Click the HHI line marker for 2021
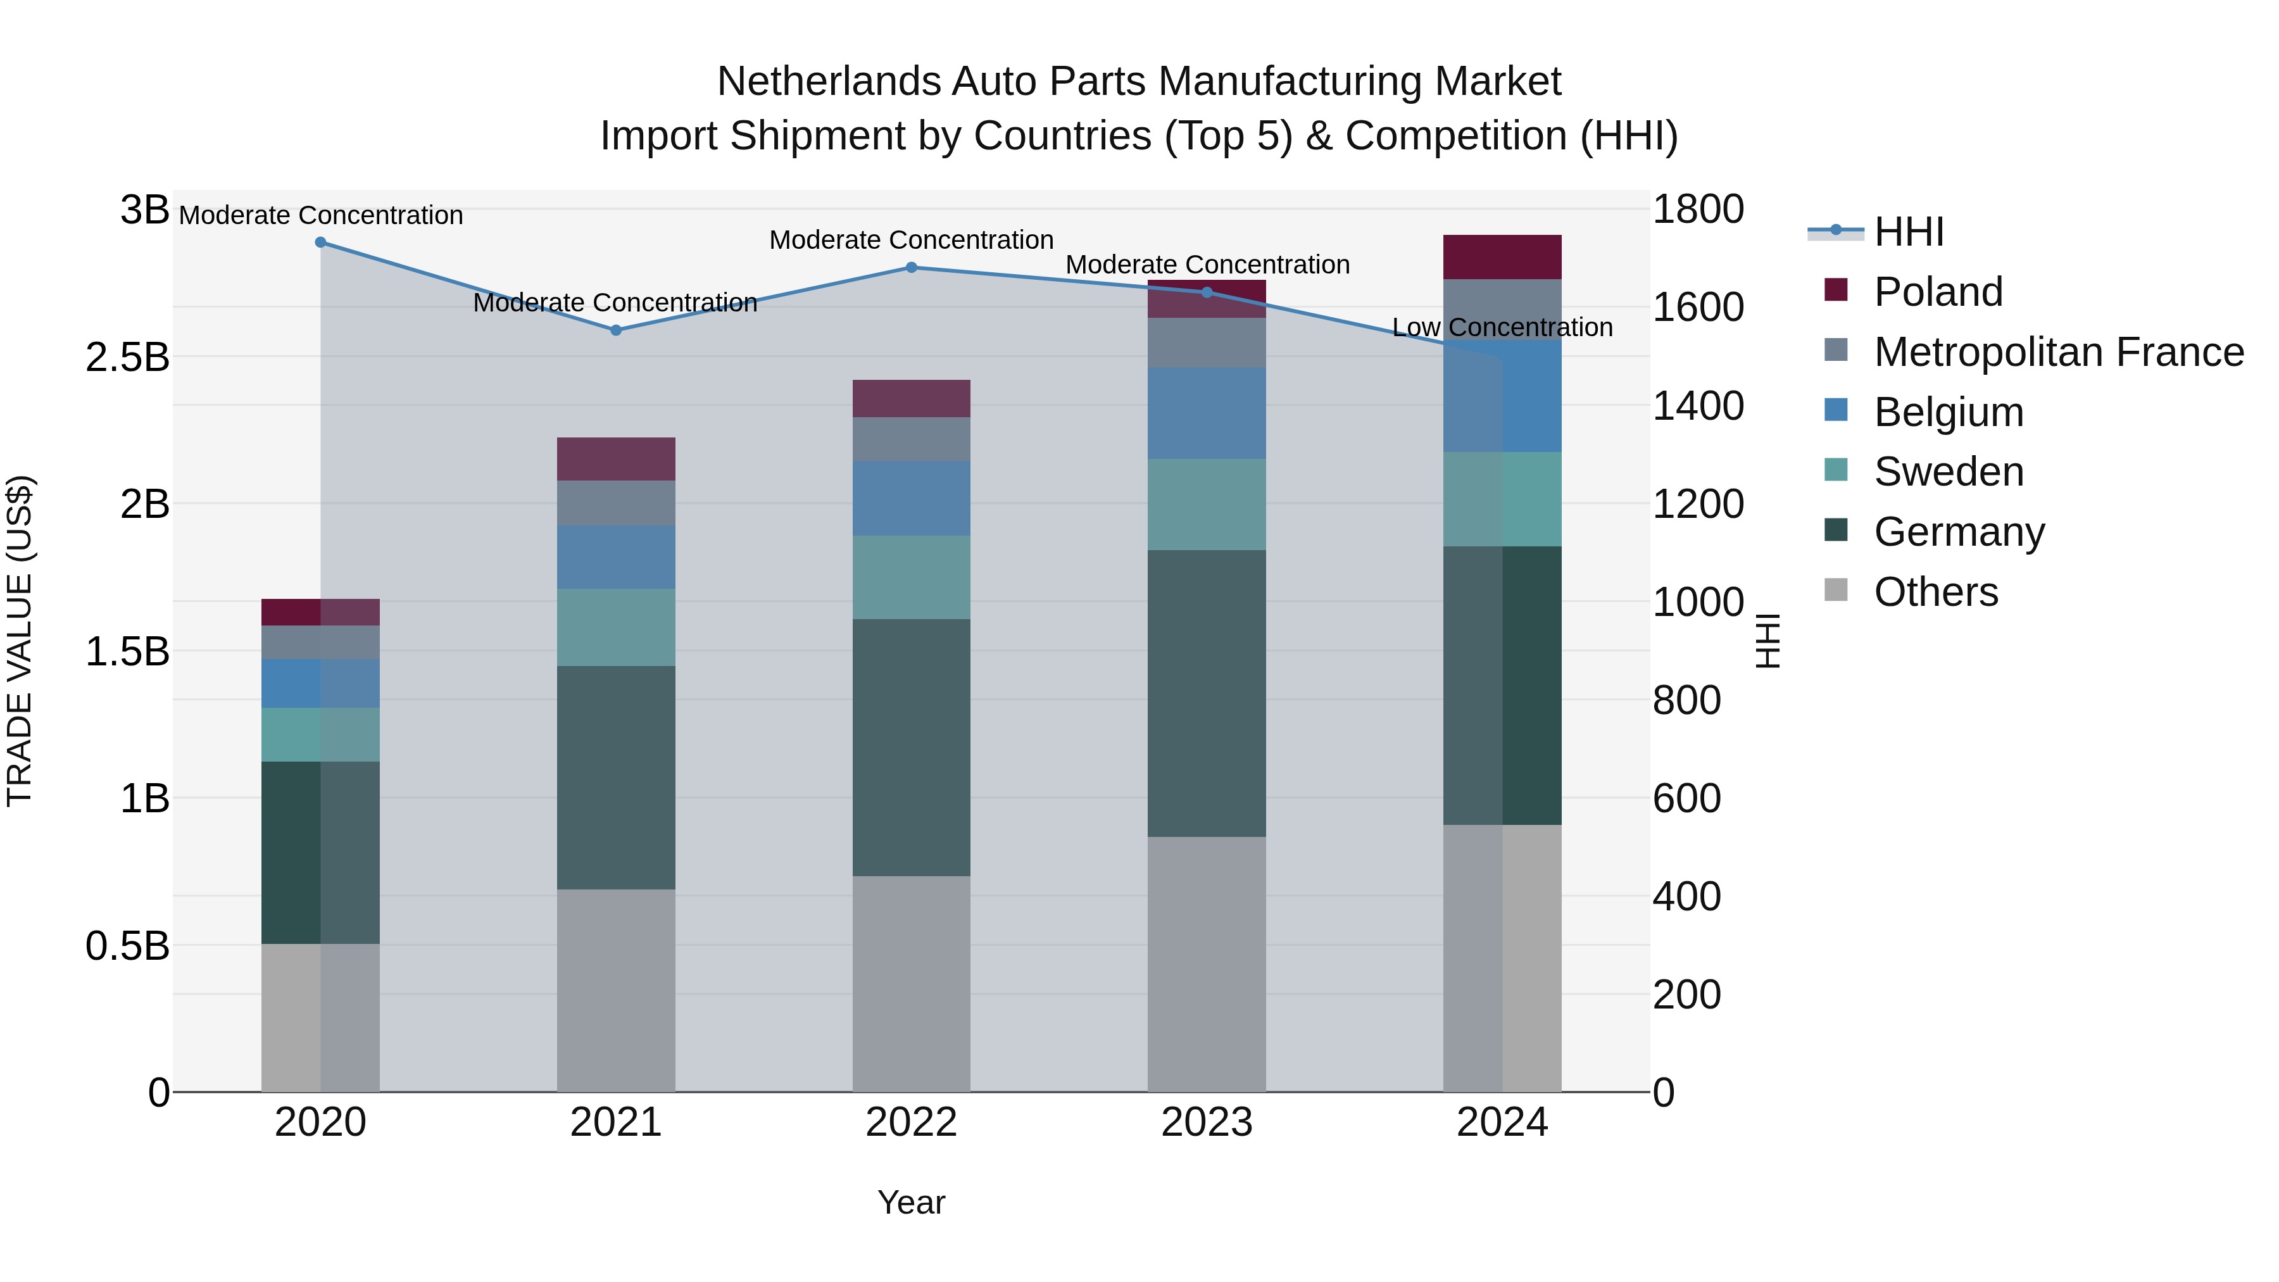point(616,330)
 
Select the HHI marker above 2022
point(911,267)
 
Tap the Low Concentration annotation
point(1502,327)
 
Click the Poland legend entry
point(1938,292)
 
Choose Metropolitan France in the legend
point(2058,352)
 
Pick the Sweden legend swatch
point(1836,470)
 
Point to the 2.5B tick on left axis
point(127,358)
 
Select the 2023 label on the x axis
point(1207,1122)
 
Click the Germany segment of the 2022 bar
point(911,748)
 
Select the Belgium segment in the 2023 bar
point(1207,413)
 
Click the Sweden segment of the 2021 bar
point(616,627)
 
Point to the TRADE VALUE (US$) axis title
point(20,641)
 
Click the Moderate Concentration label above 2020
point(320,215)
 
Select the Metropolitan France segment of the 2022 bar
point(911,439)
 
